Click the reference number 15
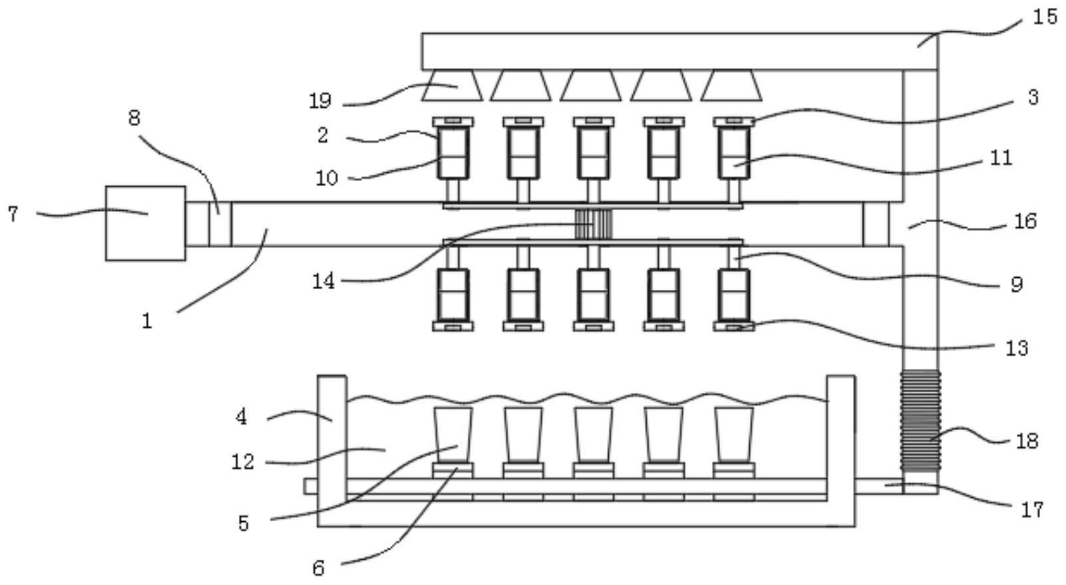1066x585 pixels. (x=1044, y=16)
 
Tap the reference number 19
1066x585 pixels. (x=319, y=101)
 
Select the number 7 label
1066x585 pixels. (x=13, y=214)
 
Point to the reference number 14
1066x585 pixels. (x=323, y=281)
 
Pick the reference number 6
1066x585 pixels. (x=318, y=568)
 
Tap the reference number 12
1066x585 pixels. (x=243, y=461)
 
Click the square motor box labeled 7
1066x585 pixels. (x=145, y=223)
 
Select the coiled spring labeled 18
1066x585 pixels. (x=920, y=421)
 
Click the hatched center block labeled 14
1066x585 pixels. (x=593, y=224)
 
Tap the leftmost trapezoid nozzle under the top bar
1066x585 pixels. (x=452, y=86)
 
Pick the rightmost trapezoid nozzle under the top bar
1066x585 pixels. (x=731, y=86)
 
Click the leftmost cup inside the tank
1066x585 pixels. (x=452, y=435)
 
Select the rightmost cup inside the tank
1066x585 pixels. (x=734, y=435)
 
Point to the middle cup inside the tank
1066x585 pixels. (x=594, y=435)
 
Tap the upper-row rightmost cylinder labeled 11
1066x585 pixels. (x=733, y=154)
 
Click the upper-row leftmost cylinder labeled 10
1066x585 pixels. (x=452, y=154)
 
